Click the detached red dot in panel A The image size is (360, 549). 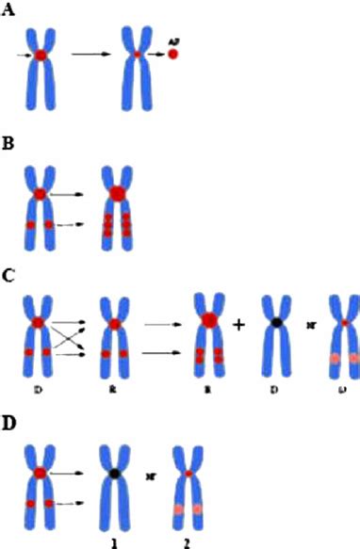pos(173,56)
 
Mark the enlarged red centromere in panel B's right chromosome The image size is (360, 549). pos(117,194)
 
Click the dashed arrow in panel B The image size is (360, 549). pos(74,226)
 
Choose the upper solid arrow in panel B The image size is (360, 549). pos(73,194)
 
